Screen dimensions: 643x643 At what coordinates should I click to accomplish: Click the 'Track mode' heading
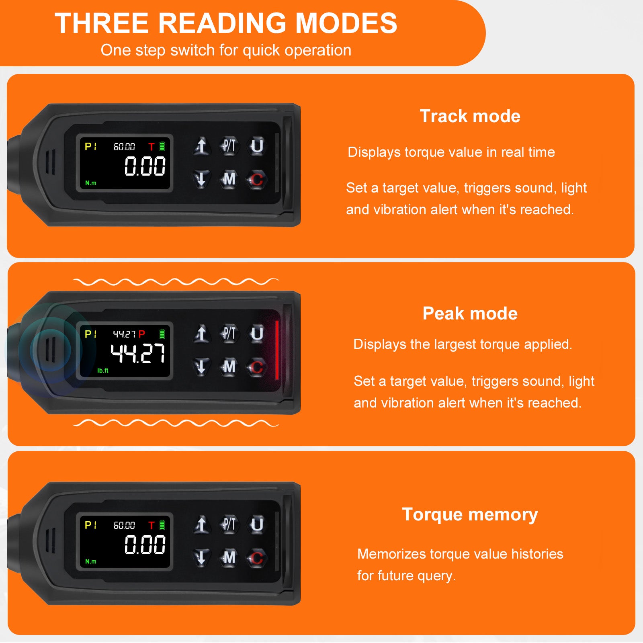(x=470, y=116)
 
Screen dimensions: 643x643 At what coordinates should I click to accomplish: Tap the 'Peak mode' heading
(x=470, y=313)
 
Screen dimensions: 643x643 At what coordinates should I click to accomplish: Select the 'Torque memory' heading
(x=470, y=515)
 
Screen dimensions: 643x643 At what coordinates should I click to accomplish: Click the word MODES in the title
(x=346, y=23)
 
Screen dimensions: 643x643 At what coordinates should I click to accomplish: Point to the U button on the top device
(x=257, y=145)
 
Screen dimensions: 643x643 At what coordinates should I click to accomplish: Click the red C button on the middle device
(x=257, y=367)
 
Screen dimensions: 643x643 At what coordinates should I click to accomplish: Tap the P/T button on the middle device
(x=229, y=334)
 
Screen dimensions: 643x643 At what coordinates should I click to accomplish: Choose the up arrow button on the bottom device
(x=201, y=524)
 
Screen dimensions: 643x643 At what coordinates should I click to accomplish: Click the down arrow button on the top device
(x=201, y=179)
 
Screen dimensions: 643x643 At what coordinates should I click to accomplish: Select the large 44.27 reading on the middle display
(x=138, y=354)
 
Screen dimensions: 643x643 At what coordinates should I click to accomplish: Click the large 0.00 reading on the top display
(x=145, y=166)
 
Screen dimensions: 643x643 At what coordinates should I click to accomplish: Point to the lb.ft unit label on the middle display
(x=103, y=371)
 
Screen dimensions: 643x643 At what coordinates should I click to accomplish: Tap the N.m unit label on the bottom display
(x=91, y=561)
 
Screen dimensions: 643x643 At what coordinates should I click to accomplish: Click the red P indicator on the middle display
(x=141, y=334)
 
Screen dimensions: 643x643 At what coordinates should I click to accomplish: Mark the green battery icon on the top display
(x=162, y=146)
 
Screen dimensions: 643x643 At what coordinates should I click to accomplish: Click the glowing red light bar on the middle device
(x=277, y=350)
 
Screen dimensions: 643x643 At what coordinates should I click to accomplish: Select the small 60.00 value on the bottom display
(x=124, y=525)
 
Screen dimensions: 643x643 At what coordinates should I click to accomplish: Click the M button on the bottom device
(x=229, y=557)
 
